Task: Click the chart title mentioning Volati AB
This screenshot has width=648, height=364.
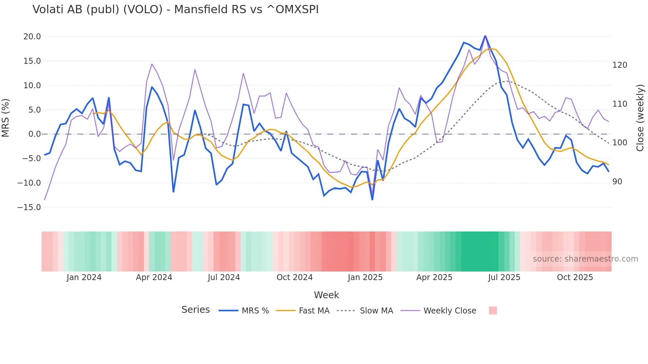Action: pyautogui.click(x=175, y=10)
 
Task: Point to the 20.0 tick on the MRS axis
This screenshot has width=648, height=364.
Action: pyautogui.click(x=32, y=37)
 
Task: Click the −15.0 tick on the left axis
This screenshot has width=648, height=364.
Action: pyautogui.click(x=29, y=207)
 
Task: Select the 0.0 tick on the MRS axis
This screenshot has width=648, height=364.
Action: pyautogui.click(x=34, y=134)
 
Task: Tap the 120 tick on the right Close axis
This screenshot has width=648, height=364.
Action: pyautogui.click(x=620, y=65)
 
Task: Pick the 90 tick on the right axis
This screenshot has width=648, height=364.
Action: pyautogui.click(x=617, y=182)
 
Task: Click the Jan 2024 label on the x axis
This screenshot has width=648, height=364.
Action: pyautogui.click(x=84, y=277)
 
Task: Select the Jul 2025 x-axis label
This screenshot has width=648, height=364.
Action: pyautogui.click(x=504, y=277)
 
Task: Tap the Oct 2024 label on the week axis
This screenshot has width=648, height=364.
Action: pyautogui.click(x=294, y=277)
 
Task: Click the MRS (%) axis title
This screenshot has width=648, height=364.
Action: pyautogui.click(x=6, y=118)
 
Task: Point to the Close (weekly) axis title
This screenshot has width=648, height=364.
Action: pyautogui.click(x=640, y=118)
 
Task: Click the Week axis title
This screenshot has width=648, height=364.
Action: pyautogui.click(x=326, y=295)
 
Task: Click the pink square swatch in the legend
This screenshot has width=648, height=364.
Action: pyautogui.click(x=493, y=311)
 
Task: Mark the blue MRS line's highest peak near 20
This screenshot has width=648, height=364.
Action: pyautogui.click(x=485, y=36)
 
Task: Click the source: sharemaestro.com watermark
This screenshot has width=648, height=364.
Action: pyautogui.click(x=585, y=259)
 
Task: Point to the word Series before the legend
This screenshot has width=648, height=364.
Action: pyautogui.click(x=195, y=310)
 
